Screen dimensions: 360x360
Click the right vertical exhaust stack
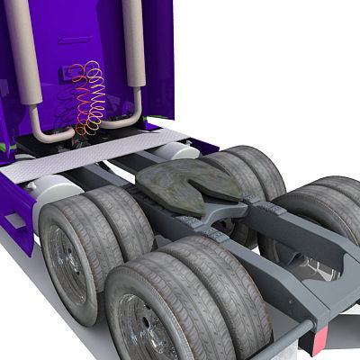135,45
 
